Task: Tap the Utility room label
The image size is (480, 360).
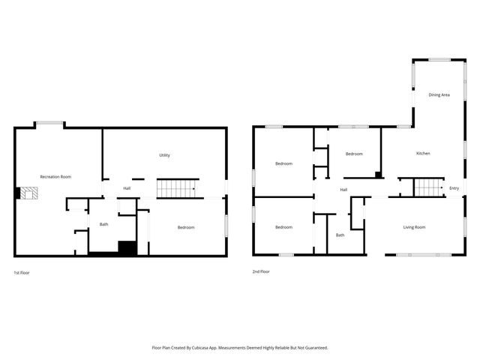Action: pyautogui.click(x=164, y=155)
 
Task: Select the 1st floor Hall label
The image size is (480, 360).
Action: pyautogui.click(x=127, y=187)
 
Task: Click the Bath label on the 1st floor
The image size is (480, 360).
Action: pyautogui.click(x=103, y=224)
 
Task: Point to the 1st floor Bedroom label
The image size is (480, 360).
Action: pyautogui.click(x=186, y=227)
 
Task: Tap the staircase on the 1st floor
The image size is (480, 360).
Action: pyautogui.click(x=176, y=189)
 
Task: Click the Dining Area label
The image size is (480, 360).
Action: pyautogui.click(x=439, y=95)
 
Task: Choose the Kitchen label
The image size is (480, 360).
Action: pyautogui.click(x=423, y=153)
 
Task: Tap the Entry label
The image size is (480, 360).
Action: pyautogui.click(x=454, y=187)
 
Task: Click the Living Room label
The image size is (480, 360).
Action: pyautogui.click(x=414, y=227)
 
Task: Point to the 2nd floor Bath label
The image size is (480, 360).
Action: pyautogui.click(x=340, y=235)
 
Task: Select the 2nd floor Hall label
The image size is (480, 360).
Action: pyautogui.click(x=343, y=189)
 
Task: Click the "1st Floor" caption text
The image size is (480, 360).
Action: pyautogui.click(x=22, y=271)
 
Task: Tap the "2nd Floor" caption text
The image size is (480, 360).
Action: pyautogui.click(x=261, y=271)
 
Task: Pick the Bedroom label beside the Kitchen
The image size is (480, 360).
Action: pyautogui.click(x=354, y=154)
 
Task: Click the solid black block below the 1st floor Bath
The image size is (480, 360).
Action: pyautogui.click(x=127, y=248)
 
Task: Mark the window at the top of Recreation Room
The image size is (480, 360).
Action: pyautogui.click(x=49, y=124)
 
